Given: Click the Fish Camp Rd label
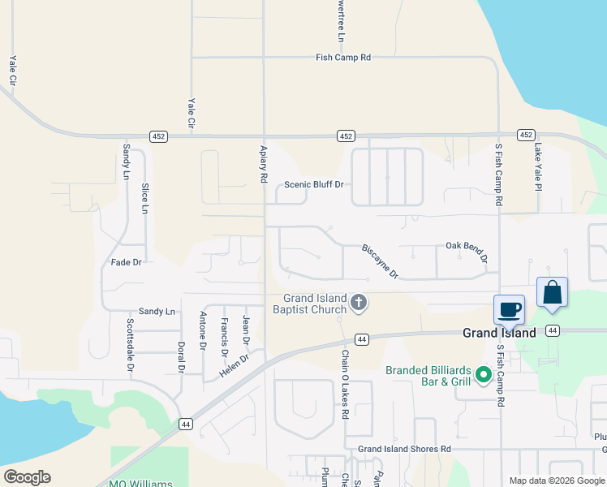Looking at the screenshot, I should tap(343, 58).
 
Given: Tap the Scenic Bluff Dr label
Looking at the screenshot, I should tap(314, 184).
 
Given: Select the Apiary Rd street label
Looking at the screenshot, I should tap(264, 164).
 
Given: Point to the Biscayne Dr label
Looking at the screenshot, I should tap(380, 261).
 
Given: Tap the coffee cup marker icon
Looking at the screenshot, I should tap(510, 310).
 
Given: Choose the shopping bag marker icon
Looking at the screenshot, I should tap(552, 293).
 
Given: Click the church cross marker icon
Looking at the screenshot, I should tap(359, 304).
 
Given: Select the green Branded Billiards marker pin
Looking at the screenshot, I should tap(484, 374).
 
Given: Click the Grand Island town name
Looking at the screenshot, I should tap(499, 333).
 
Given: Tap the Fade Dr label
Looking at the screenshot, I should tap(127, 262).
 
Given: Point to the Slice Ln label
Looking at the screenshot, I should tap(144, 199).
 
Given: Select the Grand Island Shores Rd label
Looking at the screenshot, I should tap(404, 449).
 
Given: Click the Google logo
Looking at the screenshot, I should tap(27, 477).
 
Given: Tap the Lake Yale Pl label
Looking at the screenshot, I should tap(537, 166).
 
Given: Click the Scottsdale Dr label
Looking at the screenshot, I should tap(129, 344).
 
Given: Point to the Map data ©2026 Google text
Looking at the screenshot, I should tap(556, 481).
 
